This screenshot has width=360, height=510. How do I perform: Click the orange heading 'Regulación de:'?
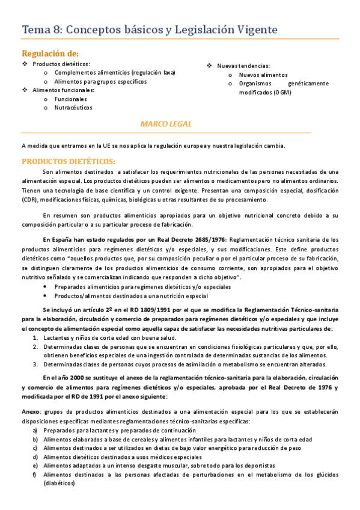[50, 54]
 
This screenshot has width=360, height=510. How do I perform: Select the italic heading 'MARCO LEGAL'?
[166, 124]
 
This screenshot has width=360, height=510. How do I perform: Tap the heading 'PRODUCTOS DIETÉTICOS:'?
[69, 161]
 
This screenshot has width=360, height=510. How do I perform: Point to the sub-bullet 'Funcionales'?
[70, 99]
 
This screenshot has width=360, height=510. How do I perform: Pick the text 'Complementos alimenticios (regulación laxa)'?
[114, 72]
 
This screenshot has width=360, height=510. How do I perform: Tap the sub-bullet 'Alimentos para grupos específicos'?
[100, 81]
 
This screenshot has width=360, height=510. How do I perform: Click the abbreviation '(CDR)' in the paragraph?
[29, 200]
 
